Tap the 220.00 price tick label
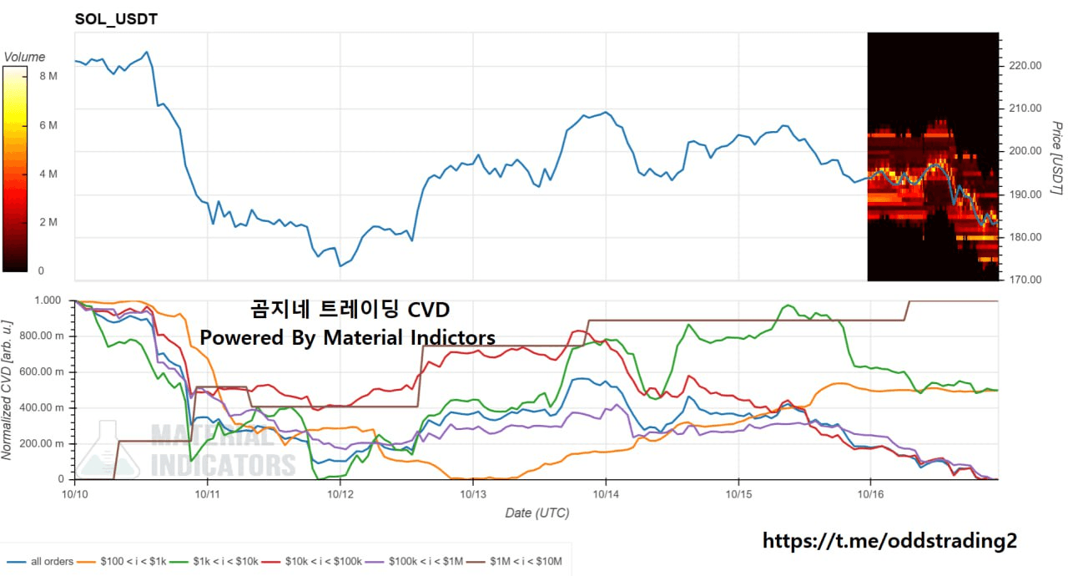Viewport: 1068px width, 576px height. [1025, 66]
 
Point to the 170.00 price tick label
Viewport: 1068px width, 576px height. [1025, 280]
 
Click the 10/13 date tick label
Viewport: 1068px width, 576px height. [473, 494]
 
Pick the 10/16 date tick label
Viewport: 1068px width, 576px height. [870, 494]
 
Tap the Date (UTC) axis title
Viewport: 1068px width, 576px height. [537, 513]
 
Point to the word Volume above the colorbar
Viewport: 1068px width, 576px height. [24, 58]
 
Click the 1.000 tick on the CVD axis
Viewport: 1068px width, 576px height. [48, 301]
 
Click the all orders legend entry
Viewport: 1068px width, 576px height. [52, 562]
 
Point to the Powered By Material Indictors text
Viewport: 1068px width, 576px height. [347, 338]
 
